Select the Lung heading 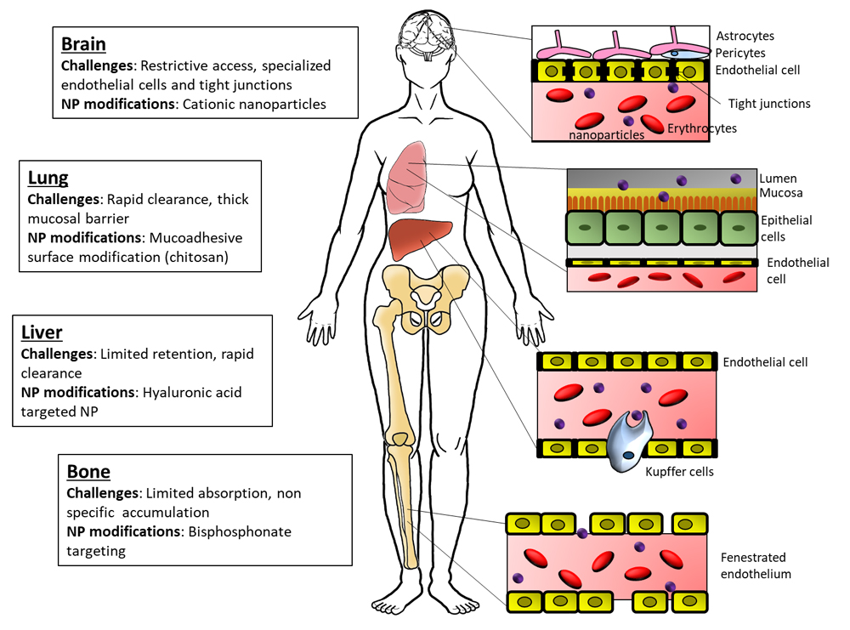(48, 178)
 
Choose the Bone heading (88, 471)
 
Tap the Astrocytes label (745, 37)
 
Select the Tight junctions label (769, 104)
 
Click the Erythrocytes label (702, 128)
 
